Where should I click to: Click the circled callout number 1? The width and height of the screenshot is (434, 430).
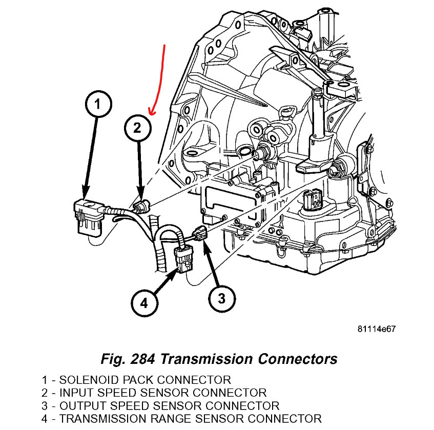pos(97,105)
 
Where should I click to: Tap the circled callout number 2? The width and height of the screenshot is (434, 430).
pos(137,128)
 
